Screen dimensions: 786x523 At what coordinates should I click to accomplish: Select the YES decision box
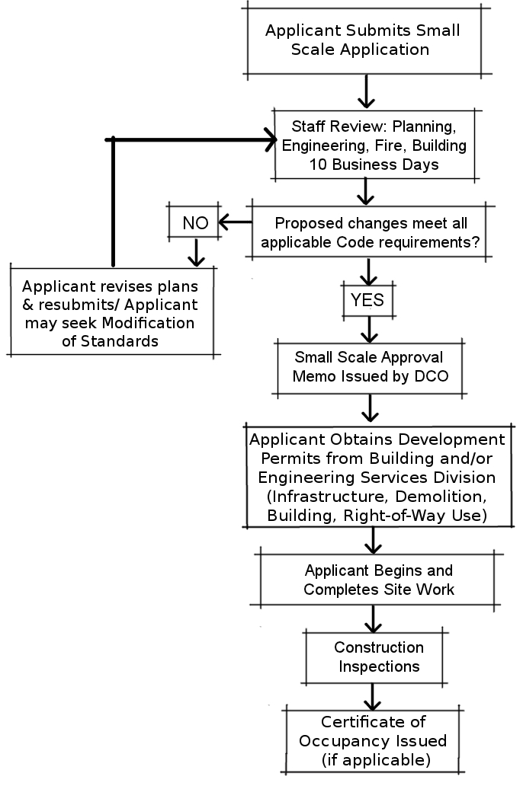tap(367, 300)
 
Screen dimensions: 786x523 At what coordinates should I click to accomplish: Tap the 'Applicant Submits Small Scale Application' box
tap(362, 40)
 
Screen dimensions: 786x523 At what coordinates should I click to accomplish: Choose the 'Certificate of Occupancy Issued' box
tap(373, 740)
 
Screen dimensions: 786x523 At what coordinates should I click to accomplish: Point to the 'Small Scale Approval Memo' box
tap(370, 366)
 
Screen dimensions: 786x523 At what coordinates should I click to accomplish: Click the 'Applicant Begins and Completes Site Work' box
tap(378, 580)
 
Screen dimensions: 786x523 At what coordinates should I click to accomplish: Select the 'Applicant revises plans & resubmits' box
tap(111, 314)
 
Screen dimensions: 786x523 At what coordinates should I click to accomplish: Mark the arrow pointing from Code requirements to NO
tap(234, 222)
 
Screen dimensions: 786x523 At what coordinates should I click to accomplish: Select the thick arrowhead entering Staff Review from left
tap(268, 139)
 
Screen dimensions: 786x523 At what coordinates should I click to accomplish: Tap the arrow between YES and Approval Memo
tap(369, 328)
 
